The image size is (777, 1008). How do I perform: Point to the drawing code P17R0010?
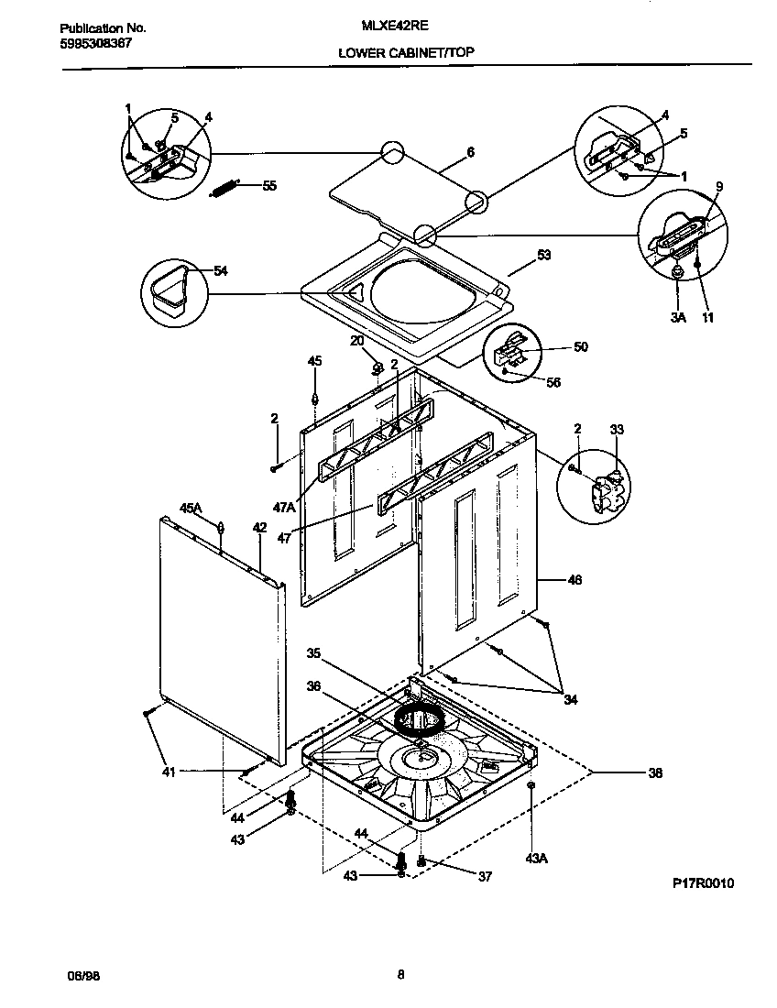coord(703,883)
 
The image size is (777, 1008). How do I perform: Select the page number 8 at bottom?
coord(400,975)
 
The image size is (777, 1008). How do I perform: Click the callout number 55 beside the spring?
coord(269,186)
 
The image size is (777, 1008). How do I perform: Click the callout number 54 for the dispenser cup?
coord(221,270)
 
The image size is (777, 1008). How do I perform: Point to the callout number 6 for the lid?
coord(470,153)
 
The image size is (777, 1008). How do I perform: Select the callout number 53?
coord(543,256)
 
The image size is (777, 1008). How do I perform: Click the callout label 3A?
coord(677,318)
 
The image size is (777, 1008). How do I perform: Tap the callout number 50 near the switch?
coord(580,347)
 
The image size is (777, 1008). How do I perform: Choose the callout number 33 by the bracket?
coord(616,429)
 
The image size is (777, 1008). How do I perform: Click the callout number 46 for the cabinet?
coord(575,580)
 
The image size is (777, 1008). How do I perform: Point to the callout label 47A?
coord(285,506)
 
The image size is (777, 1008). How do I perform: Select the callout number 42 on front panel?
coord(259,527)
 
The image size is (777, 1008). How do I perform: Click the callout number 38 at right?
coord(654,772)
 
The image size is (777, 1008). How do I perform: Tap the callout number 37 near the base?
coord(485,876)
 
